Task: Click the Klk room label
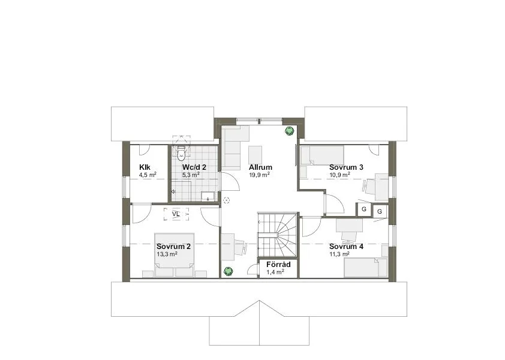tap(144, 167)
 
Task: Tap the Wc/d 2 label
tap(195, 167)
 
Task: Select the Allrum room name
tap(260, 167)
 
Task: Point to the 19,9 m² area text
tap(260, 175)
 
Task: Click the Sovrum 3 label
tap(346, 167)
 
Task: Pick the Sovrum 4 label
tap(346, 247)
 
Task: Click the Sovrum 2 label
tap(173, 247)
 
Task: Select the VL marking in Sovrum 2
tap(176, 213)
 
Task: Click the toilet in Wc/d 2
tap(182, 151)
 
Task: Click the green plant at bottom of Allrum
tap(229, 271)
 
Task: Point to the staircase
tap(278, 234)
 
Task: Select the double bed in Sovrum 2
tap(175, 255)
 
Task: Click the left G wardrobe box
tap(363, 209)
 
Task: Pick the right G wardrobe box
tap(380, 212)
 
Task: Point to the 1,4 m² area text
tap(275, 272)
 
